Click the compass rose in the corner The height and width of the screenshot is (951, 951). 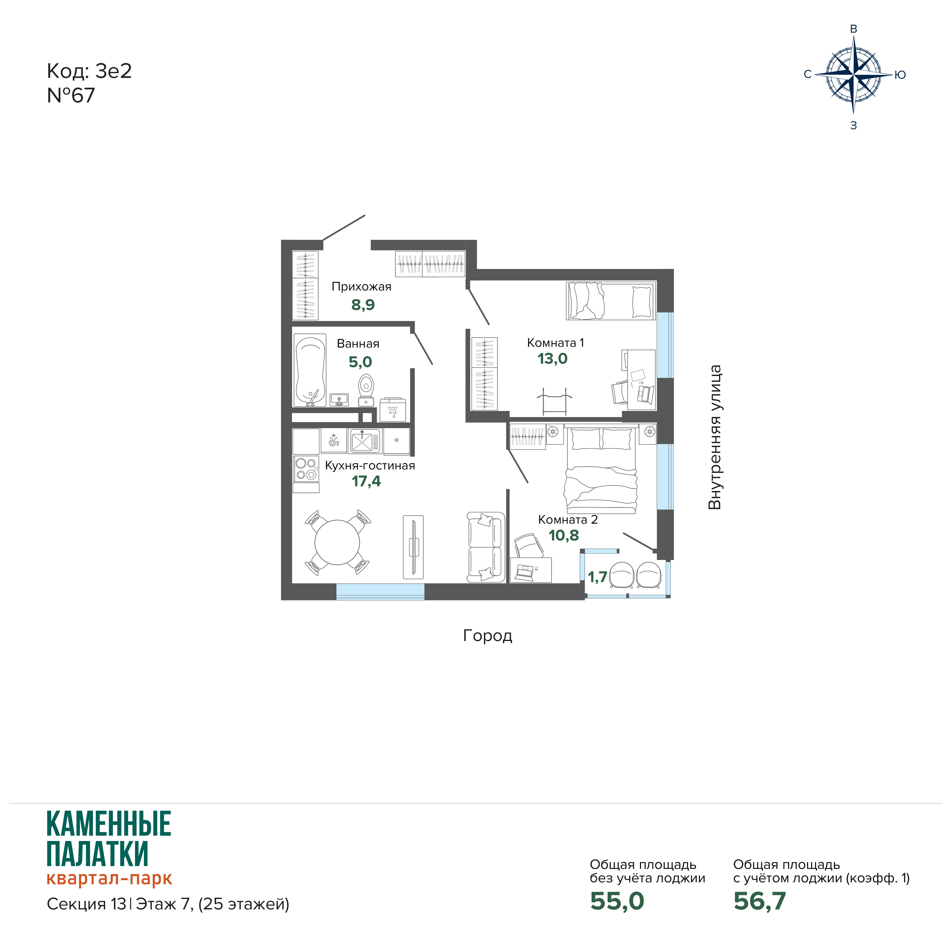pos(854,75)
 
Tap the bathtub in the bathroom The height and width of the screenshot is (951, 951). pos(310,370)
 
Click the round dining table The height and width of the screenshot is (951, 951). pos(337,542)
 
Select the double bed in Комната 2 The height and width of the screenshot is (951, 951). pos(602,470)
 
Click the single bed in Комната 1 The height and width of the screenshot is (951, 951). pos(611,301)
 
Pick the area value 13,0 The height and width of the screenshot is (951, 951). pos(552,359)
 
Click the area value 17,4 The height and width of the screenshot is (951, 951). pos(366,481)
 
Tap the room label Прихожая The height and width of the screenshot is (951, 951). pos(361,287)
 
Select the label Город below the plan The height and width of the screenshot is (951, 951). pos(487,636)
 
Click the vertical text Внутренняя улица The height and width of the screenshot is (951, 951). pos(715,437)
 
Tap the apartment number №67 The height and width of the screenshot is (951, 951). pos(71,96)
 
